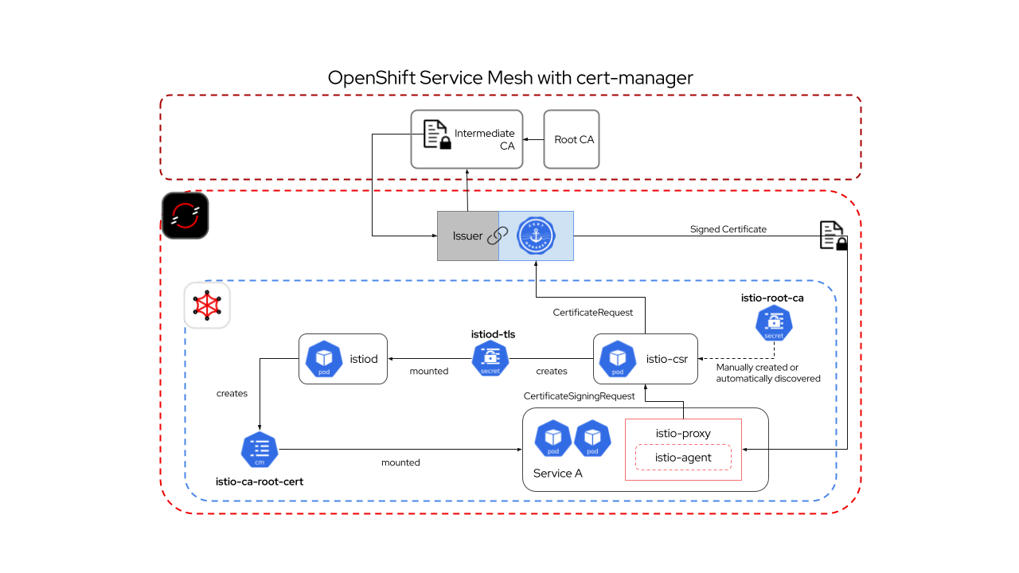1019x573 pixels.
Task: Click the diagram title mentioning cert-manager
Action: pyautogui.click(x=510, y=78)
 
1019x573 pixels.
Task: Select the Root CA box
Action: pyautogui.click(x=571, y=139)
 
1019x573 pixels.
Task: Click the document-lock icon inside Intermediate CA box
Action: pyautogui.click(x=435, y=135)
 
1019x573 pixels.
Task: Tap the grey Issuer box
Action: pyautogui.click(x=468, y=236)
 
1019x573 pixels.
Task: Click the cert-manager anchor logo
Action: pyautogui.click(x=536, y=236)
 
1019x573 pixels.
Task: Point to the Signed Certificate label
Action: pyautogui.click(x=728, y=229)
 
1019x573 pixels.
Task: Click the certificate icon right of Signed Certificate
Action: pyautogui.click(x=833, y=236)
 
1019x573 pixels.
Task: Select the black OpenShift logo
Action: pyautogui.click(x=185, y=215)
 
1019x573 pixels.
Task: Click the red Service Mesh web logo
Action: pyautogui.click(x=207, y=305)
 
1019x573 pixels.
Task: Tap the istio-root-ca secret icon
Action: pyautogui.click(x=774, y=323)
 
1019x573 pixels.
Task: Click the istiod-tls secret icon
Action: pyautogui.click(x=490, y=359)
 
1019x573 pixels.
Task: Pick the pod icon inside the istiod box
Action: pyautogui.click(x=324, y=359)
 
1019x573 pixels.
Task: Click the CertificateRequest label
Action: pyautogui.click(x=593, y=313)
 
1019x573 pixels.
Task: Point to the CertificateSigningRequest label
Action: pyautogui.click(x=579, y=396)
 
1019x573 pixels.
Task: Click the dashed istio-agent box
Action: pyautogui.click(x=683, y=458)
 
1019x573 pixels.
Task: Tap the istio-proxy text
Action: pyautogui.click(x=683, y=433)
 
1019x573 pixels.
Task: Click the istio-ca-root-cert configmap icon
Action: pyautogui.click(x=259, y=450)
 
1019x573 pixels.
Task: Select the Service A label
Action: pyautogui.click(x=557, y=474)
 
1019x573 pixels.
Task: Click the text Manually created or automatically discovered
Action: pyautogui.click(x=767, y=372)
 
